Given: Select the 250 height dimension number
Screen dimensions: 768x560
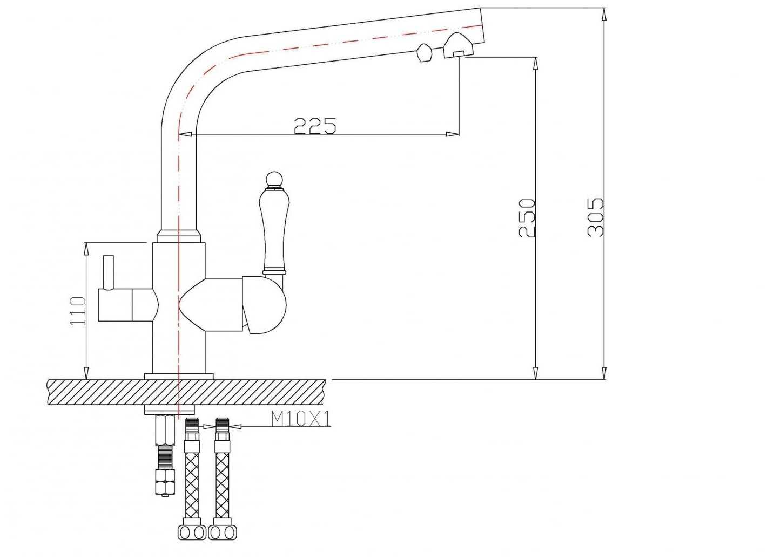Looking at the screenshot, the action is (527, 218).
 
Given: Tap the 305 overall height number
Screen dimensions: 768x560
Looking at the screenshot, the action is (595, 217).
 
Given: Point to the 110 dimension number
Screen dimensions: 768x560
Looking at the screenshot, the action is (78, 311).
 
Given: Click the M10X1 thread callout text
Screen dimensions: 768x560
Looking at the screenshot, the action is (301, 419).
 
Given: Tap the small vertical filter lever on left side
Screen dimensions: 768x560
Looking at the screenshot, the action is (109, 272).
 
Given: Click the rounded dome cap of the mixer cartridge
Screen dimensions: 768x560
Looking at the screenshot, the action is (264, 305).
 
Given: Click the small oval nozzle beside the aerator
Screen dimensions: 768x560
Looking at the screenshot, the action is (424, 53).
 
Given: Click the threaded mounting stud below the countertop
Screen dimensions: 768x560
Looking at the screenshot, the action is (165, 456).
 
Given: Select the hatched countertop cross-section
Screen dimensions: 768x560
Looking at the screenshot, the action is (186, 393).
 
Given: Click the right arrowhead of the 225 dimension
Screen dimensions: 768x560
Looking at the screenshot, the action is (452, 134).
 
